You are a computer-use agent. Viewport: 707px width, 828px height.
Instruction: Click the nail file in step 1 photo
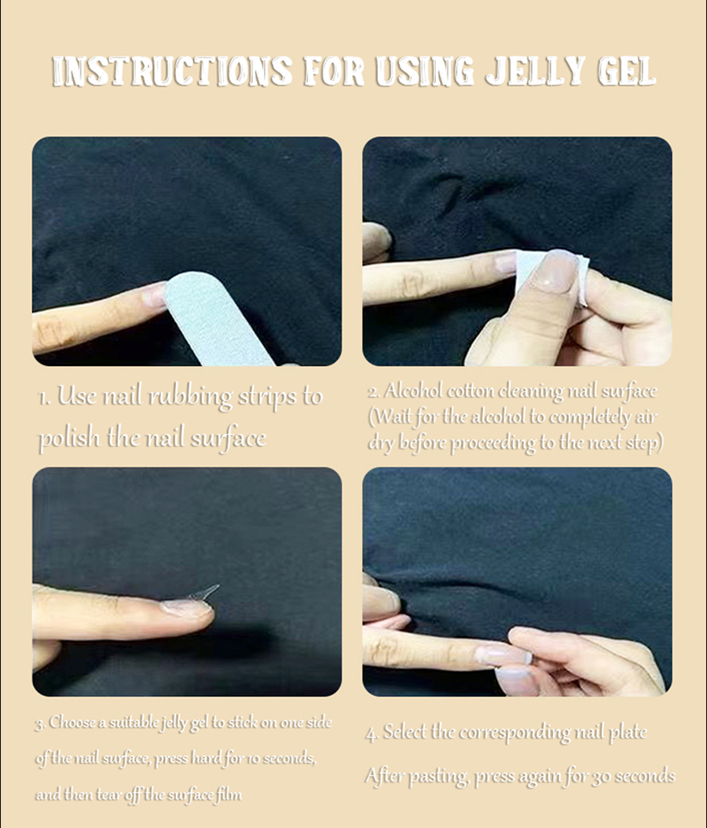(217, 318)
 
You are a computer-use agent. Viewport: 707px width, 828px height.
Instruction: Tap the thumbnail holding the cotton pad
(555, 271)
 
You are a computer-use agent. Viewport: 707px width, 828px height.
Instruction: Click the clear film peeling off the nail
(203, 592)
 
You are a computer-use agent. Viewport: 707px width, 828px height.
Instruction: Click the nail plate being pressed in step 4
(503, 655)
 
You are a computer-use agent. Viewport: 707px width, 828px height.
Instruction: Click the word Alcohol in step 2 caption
(413, 390)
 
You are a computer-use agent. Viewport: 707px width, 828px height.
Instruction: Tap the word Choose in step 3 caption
(71, 722)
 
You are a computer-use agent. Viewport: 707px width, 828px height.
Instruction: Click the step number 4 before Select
(372, 734)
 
